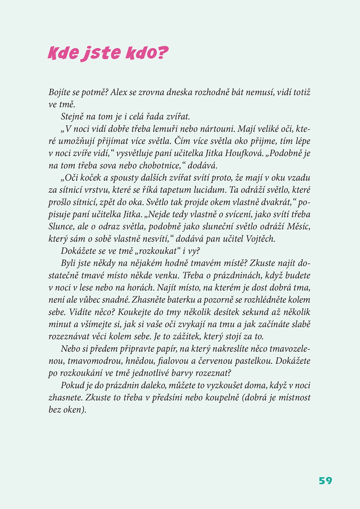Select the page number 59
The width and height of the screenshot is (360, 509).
click(325, 480)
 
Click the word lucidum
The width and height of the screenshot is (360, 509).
click(210, 190)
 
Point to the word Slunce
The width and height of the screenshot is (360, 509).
click(60, 227)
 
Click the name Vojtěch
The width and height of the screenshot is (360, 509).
click(260, 239)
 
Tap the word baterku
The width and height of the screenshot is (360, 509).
click(181, 300)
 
